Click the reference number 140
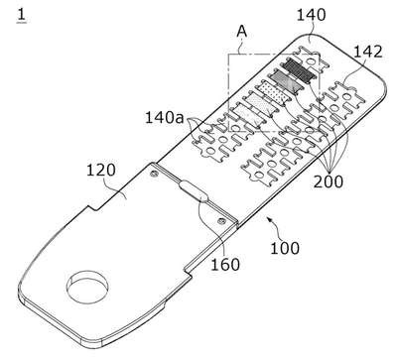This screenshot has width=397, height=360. (x=311, y=16)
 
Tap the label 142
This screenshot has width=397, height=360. (x=368, y=52)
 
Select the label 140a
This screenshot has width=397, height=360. (x=165, y=117)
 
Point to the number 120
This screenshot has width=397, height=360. (x=101, y=171)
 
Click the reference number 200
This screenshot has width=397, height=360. (x=329, y=181)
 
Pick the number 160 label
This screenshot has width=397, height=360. (x=225, y=265)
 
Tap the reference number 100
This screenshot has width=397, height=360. (x=285, y=248)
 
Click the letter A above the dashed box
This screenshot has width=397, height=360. (x=242, y=32)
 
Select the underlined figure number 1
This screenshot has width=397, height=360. (x=22, y=15)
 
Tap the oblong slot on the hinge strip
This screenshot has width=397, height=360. (x=194, y=191)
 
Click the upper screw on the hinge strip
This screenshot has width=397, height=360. (x=153, y=174)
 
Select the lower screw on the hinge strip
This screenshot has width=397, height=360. (x=219, y=221)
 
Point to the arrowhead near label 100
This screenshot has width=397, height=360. (x=269, y=219)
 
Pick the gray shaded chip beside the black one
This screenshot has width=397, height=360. (x=285, y=81)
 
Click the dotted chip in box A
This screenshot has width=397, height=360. (x=273, y=92)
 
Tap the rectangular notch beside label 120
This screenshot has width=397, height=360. (x=93, y=207)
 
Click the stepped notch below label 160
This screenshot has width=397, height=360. (x=189, y=271)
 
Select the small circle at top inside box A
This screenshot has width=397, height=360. (x=310, y=61)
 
